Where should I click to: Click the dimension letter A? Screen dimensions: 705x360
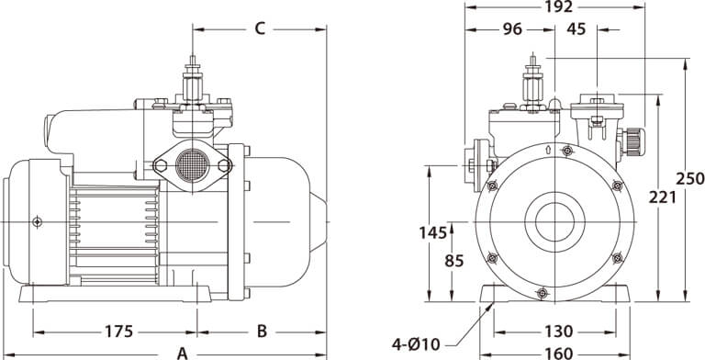182,354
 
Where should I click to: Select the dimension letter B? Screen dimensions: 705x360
263,332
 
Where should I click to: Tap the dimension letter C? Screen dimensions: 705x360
261,28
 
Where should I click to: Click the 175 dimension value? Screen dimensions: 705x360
119,332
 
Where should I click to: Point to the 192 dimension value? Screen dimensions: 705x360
558,6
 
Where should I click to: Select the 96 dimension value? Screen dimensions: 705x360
512,29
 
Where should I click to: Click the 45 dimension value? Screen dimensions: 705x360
576,29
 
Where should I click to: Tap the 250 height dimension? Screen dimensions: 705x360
690,179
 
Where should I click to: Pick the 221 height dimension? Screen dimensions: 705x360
662,197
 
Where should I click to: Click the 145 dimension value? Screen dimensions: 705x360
433,232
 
